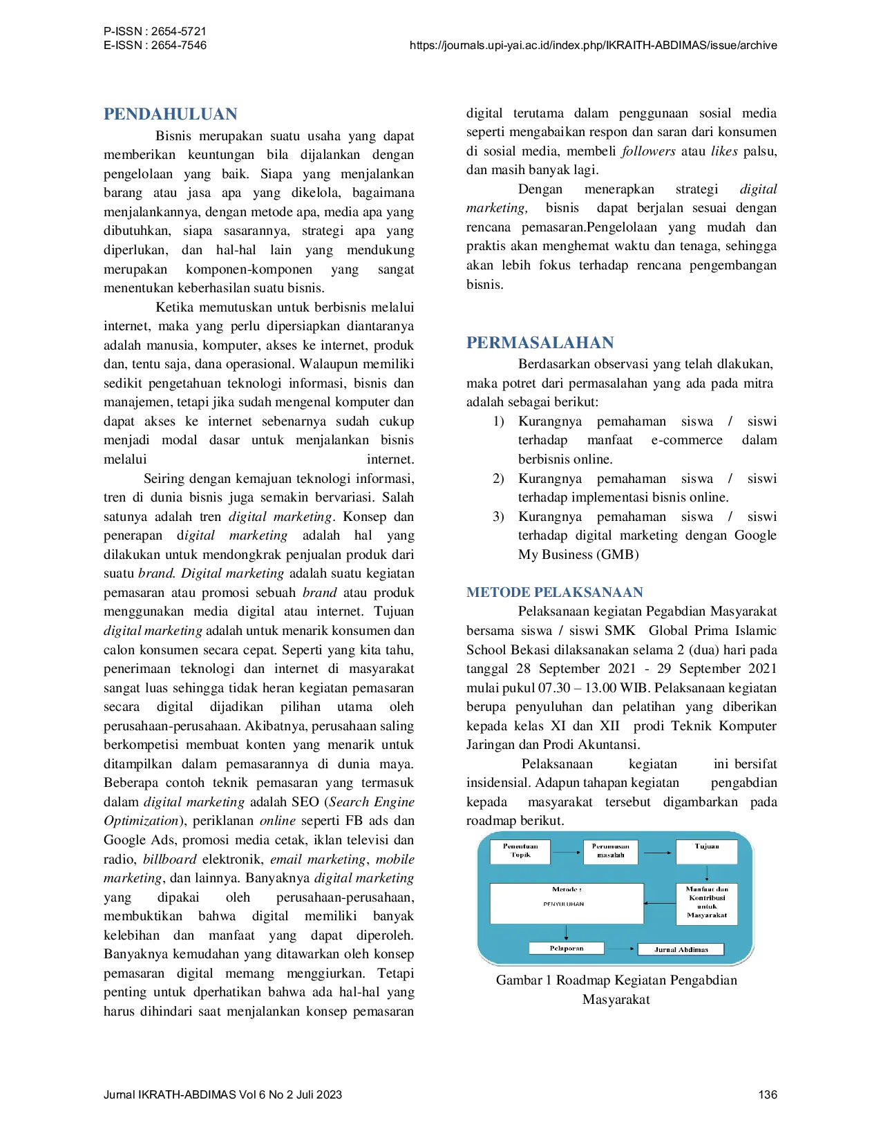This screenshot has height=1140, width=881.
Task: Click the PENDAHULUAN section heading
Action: coord(171,114)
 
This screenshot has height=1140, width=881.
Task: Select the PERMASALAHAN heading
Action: coord(540,343)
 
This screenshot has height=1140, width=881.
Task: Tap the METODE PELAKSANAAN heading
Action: coord(555,592)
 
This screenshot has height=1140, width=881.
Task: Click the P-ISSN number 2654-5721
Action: coord(179,32)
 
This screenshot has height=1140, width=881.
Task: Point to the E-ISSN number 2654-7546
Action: coord(179,45)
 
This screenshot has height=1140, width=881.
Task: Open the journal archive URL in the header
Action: coord(593,46)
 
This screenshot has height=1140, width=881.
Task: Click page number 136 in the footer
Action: coord(768,1095)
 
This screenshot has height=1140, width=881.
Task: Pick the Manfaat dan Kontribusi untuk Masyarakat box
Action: coord(706,904)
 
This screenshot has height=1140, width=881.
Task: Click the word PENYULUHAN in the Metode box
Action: coord(564,904)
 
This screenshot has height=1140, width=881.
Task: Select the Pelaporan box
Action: coord(566,948)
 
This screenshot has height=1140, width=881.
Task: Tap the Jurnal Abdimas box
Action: coord(681,949)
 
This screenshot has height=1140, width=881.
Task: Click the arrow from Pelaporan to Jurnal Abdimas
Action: coord(621,949)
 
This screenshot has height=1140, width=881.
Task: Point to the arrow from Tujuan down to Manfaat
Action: coord(707,873)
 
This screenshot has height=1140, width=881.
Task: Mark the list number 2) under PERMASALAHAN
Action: coord(498,478)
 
